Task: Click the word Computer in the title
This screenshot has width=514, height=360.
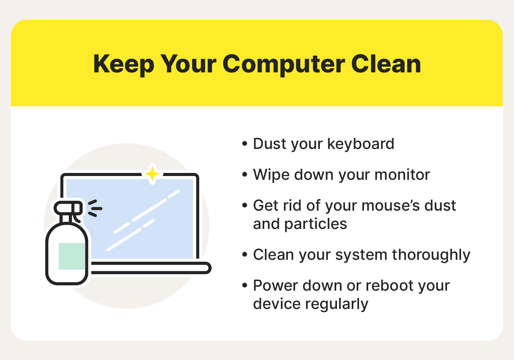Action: pos(284,65)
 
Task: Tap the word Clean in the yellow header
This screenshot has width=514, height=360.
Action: pos(386,64)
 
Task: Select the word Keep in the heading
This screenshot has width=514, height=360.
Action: pos(123,65)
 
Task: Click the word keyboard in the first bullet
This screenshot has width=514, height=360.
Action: pos(361,144)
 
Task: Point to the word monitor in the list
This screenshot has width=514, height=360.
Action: pos(402,175)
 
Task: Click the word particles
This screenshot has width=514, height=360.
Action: pos(316,224)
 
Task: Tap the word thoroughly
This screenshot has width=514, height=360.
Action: pos(431,255)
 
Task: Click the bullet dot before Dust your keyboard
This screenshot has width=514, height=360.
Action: pos(244,144)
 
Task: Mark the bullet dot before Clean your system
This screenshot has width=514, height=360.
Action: pos(244,254)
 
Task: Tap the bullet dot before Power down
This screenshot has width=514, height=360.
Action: pos(244,285)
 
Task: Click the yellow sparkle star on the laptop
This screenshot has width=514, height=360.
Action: pos(152,174)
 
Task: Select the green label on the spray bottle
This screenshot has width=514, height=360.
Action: pos(72,256)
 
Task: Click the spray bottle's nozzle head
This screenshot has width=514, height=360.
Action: pos(68,208)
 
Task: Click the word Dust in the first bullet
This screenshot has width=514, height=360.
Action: pos(268,144)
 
